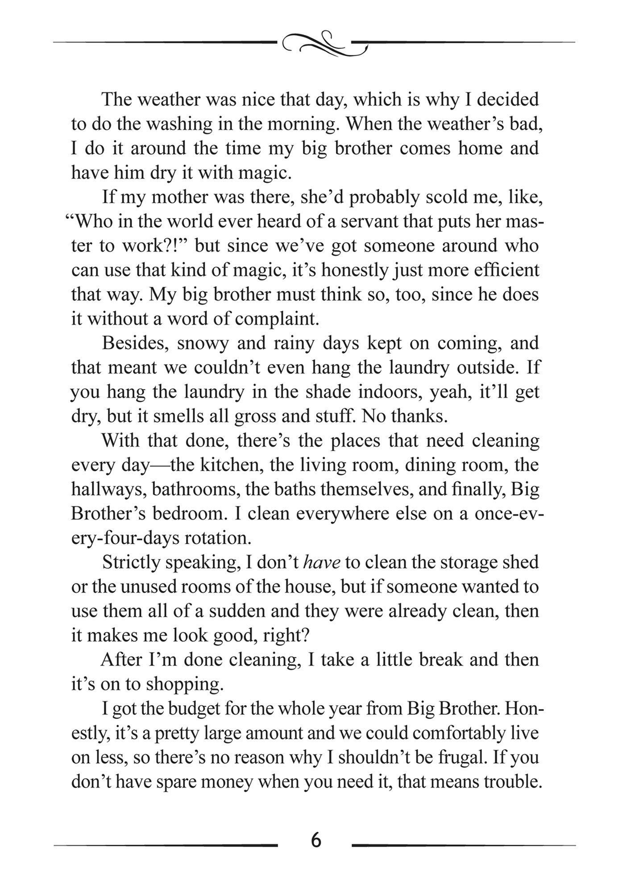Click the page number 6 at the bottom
315,840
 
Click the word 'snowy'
203,343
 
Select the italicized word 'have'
322,562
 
